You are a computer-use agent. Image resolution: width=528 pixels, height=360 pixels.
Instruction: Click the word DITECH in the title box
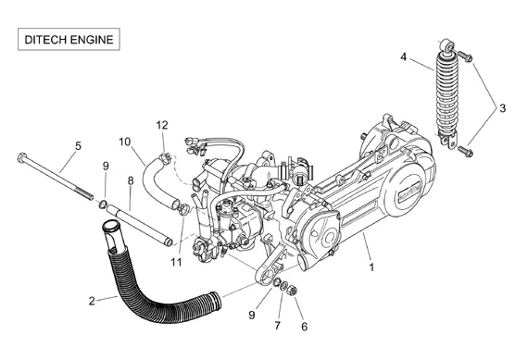45,40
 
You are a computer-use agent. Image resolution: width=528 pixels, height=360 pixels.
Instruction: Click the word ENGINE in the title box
92,40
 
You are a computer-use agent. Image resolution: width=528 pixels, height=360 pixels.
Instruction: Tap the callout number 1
371,267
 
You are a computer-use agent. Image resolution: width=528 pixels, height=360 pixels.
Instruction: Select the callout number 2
92,301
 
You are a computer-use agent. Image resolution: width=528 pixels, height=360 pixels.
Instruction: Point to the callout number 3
502,108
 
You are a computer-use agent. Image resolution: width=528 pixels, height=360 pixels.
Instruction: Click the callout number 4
403,56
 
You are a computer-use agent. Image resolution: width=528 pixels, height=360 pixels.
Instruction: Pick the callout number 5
78,146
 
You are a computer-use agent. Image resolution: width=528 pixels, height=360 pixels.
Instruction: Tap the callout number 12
161,125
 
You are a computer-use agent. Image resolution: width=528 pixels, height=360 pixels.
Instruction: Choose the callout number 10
124,142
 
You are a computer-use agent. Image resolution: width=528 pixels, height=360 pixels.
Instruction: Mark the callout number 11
176,262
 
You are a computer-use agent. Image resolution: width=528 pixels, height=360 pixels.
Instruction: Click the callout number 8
131,181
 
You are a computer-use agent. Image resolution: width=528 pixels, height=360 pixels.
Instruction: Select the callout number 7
277,326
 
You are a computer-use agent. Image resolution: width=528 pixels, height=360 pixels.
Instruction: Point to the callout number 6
305,327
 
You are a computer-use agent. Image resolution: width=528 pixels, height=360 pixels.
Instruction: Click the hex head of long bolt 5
22,157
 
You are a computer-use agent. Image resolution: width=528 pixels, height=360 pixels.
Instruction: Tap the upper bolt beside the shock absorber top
465,56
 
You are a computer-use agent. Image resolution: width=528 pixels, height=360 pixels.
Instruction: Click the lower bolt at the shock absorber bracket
465,151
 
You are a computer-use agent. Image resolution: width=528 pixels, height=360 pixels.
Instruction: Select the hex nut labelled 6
293,290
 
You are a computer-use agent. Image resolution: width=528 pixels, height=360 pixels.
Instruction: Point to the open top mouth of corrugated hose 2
110,226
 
